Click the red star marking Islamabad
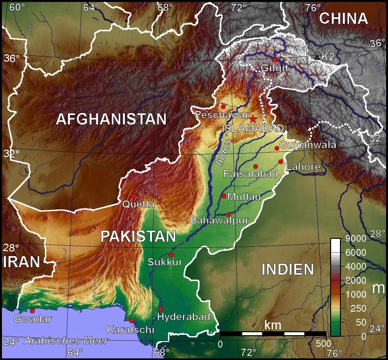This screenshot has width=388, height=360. pos(253,119)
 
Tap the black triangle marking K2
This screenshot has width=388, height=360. pos(317,57)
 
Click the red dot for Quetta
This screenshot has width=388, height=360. pos(134,196)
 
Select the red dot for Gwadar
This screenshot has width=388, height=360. pos(32,311)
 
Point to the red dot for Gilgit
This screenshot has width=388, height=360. pos(275,60)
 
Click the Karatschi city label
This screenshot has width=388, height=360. pos(130,329)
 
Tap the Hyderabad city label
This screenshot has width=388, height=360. pos(183,317)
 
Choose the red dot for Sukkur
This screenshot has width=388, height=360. pos(171,255)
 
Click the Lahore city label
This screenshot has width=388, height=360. pos(303,167)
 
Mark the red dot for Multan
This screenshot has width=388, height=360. pos(224,196)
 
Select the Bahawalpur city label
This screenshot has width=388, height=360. pos(219,220)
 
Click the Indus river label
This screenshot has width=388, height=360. pos(224,152)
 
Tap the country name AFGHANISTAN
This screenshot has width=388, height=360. pos(111,119)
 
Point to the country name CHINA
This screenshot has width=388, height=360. pos(343,19)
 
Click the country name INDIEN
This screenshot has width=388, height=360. pos(288,270)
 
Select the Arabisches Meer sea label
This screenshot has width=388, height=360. pos(66,341)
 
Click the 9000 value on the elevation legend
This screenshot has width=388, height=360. pos(356,238)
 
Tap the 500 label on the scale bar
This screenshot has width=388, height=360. pos(324,344)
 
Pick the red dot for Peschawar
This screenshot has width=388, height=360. pos(223,107)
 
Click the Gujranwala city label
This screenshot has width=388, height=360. pos(308,145)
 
